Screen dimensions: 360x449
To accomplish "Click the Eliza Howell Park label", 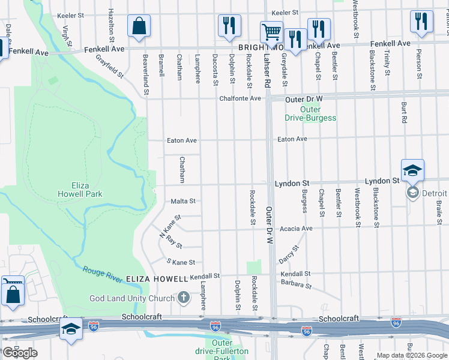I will tap(80, 190).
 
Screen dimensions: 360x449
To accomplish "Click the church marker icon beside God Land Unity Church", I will tap(184, 298).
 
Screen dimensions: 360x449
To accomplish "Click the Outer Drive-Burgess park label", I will tap(310, 114).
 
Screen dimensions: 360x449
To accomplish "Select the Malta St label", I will tap(183, 202).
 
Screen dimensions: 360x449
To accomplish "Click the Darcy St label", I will tap(288, 254).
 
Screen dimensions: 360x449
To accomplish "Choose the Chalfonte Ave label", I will tap(240, 98).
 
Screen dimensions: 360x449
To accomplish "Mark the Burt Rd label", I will tap(404, 112).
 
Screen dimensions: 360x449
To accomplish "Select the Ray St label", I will tap(175, 242).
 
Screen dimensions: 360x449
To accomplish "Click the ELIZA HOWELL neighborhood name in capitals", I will tap(157, 279).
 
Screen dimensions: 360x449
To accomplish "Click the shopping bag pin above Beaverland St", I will tap(139, 26).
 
